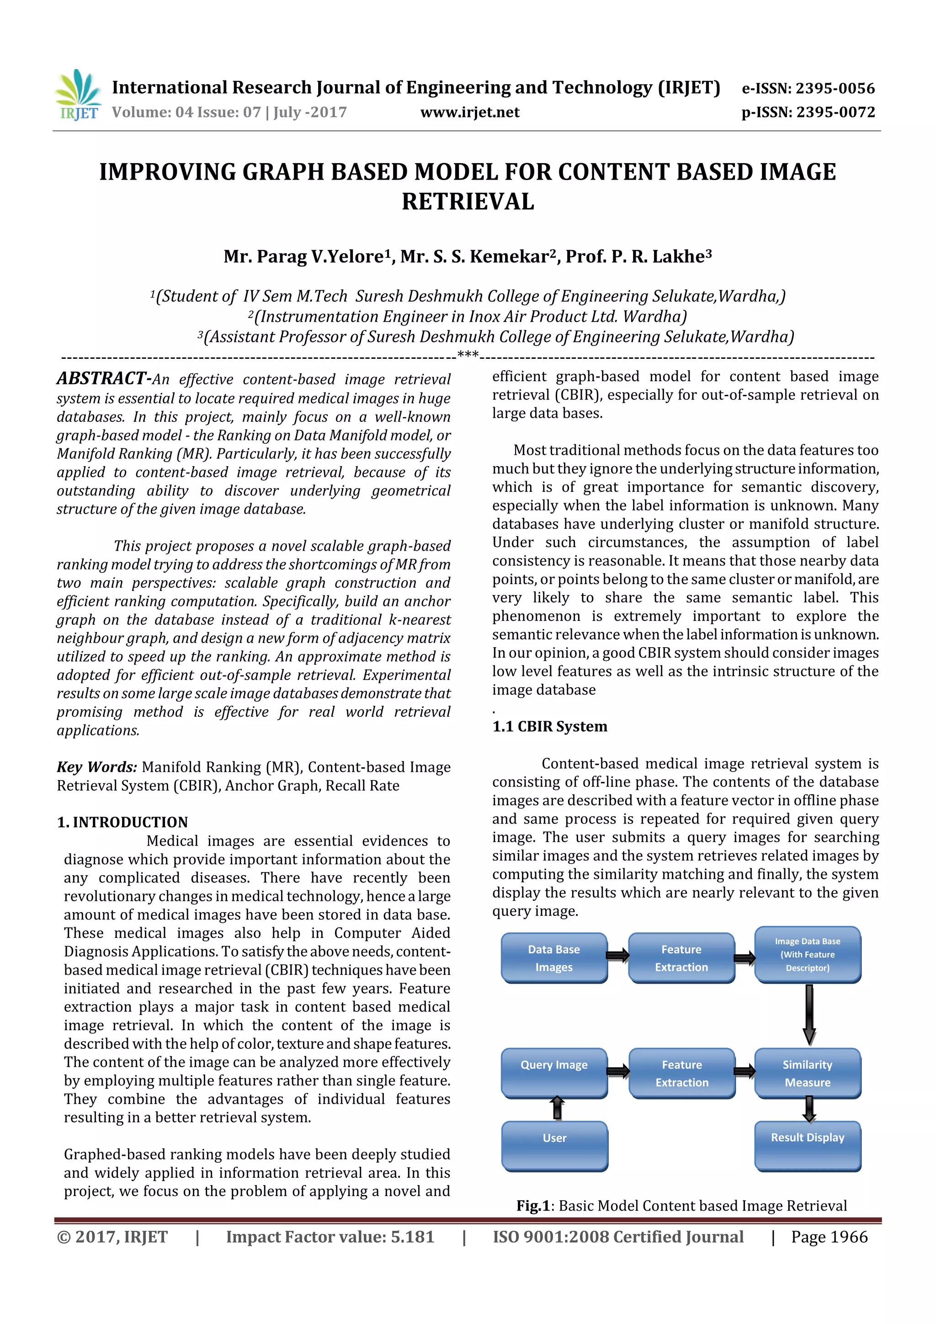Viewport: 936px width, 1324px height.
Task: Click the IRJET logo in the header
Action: [78, 95]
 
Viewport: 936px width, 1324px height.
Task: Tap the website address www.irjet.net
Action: [469, 112]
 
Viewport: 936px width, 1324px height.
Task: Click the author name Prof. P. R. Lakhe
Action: [638, 256]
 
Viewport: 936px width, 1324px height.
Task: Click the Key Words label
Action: [97, 767]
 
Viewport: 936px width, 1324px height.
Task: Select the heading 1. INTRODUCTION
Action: [122, 822]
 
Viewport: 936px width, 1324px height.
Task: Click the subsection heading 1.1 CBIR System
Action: [550, 726]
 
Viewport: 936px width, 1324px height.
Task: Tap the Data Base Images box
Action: [553, 958]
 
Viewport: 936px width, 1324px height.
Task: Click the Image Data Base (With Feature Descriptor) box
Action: [808, 954]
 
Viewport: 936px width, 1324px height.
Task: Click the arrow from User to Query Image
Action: [557, 1108]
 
